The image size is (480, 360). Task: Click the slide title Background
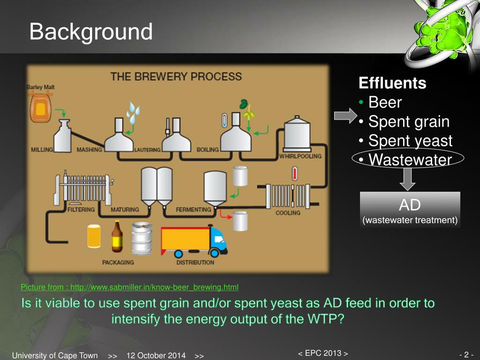point(91,32)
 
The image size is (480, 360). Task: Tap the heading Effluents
point(392,83)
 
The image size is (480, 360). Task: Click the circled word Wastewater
point(410,159)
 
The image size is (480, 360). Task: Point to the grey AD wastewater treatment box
point(410,210)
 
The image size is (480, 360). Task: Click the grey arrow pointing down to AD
point(407,180)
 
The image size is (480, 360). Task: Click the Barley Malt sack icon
point(40,107)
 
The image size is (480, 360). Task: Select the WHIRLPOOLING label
point(300,156)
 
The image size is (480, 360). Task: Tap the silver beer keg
point(142,238)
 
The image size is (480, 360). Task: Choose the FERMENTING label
point(194,210)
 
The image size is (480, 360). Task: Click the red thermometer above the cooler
point(295,173)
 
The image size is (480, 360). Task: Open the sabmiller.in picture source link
point(129,287)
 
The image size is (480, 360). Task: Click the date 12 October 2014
point(156,355)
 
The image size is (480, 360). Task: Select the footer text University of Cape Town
point(55,355)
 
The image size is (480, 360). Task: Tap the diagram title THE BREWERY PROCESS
point(176,76)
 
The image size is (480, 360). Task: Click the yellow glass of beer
point(94,236)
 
